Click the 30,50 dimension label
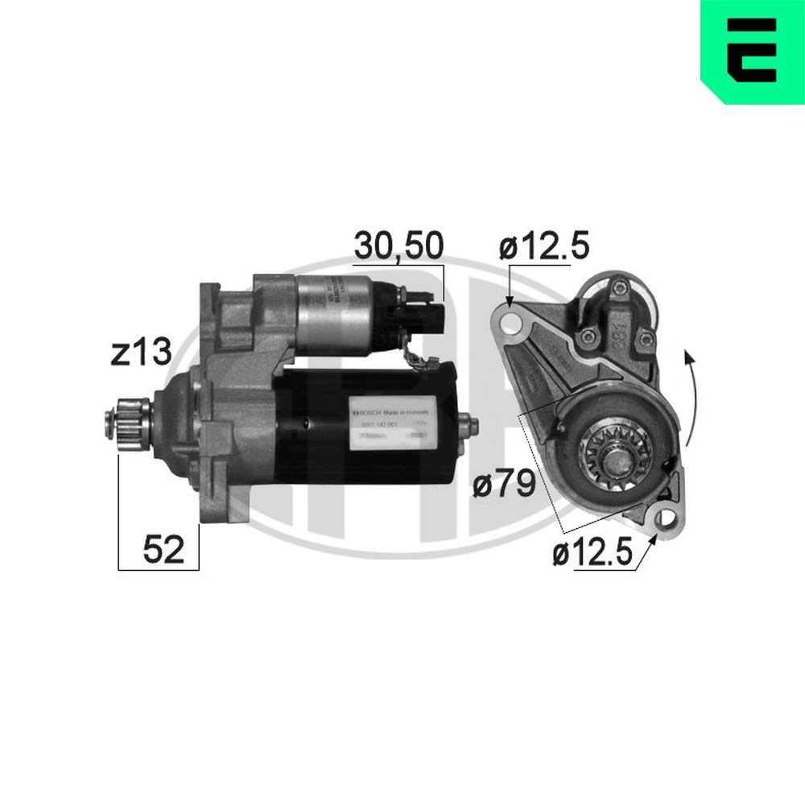(x=398, y=246)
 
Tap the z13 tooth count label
(x=142, y=353)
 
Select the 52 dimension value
(x=164, y=549)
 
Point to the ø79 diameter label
(x=505, y=485)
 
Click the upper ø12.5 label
(x=544, y=246)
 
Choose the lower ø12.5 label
(x=593, y=555)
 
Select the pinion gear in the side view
(x=129, y=422)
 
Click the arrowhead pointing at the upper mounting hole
(x=510, y=300)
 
